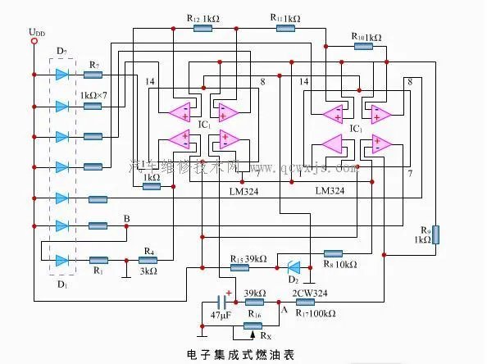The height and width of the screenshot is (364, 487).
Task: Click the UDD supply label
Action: (37, 32)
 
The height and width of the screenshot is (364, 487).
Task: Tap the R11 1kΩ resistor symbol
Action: (285, 28)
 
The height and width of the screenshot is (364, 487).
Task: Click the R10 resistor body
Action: (362, 48)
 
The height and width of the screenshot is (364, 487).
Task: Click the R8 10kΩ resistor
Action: (334, 253)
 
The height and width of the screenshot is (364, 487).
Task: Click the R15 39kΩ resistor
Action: (239, 267)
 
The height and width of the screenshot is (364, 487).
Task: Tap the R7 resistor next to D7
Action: (93, 75)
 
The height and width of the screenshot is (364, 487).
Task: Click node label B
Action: (126, 218)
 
